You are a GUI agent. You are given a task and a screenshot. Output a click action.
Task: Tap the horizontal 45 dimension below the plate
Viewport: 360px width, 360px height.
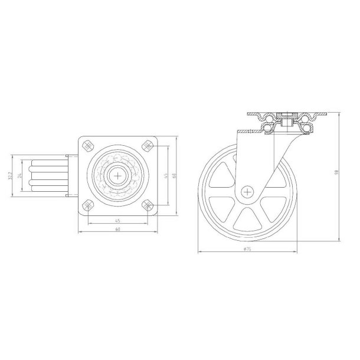pos(117,222)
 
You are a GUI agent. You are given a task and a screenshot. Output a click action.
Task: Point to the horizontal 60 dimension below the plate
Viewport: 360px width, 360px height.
pos(117,230)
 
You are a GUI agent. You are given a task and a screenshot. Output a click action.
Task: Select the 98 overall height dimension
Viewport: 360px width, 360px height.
pos(337,172)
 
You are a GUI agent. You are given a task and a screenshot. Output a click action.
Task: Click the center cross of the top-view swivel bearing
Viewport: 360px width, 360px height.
pos(117,175)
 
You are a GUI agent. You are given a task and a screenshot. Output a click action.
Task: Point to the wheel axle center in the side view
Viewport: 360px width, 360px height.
pos(247,191)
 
